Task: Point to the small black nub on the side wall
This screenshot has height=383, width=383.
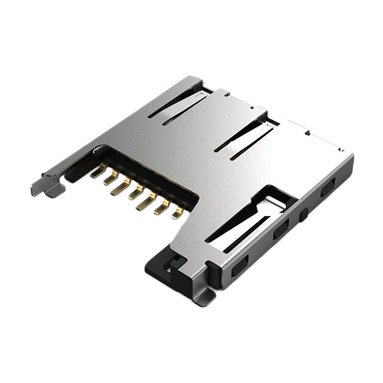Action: (305, 212)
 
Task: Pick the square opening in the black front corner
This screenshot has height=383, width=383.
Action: (175, 262)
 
